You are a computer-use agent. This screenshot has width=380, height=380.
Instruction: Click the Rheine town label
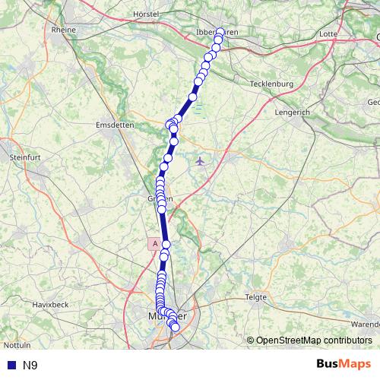tap(64, 30)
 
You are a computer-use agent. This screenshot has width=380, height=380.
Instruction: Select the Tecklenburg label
tap(271, 84)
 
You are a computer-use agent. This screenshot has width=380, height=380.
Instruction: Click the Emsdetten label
tap(116, 124)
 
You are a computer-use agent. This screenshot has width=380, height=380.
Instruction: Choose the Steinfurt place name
tap(25, 157)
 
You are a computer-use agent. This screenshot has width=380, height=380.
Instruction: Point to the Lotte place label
tap(328, 34)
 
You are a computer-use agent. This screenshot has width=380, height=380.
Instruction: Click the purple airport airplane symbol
tap(200, 160)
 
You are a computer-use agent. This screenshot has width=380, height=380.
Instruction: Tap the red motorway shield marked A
tap(155, 244)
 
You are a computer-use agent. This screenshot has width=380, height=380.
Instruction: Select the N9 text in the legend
tap(30, 366)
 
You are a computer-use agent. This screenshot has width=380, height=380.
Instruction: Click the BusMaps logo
tap(344, 365)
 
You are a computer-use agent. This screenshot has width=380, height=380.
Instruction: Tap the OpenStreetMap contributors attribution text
tap(315, 340)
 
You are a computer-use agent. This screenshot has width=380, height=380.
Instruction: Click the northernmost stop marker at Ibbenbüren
tap(220, 32)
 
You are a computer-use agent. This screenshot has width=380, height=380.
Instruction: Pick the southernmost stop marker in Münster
tap(176, 328)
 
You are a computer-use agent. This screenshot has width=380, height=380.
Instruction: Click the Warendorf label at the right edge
tap(366, 325)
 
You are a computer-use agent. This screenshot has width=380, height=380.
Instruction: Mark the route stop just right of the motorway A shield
tap(166, 244)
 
